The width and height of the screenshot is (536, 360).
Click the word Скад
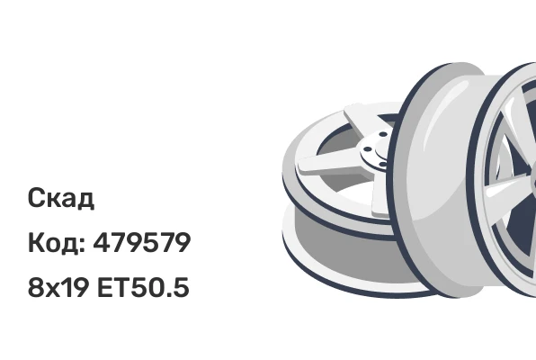pyautogui.click(x=61, y=198)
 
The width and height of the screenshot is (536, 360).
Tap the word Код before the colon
pyautogui.click(x=53, y=243)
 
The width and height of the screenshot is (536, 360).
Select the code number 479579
pyautogui.click(x=142, y=243)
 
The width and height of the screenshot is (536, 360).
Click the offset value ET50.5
pyautogui.click(x=143, y=287)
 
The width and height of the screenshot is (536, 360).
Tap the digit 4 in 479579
pyautogui.click(x=102, y=243)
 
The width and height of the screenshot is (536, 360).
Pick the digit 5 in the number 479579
pyautogui.click(x=149, y=243)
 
